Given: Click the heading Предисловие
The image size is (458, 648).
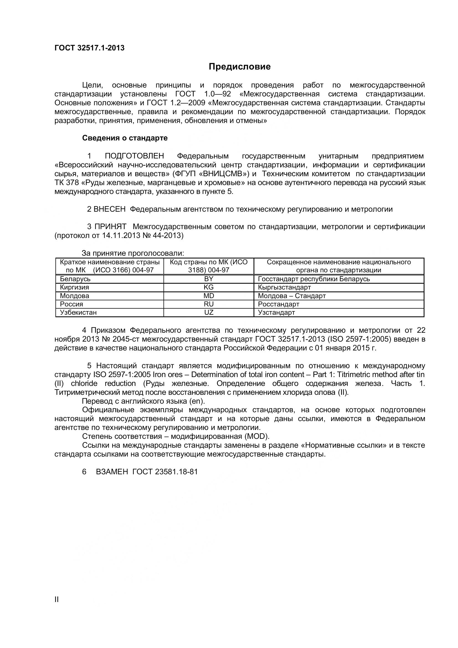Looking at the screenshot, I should pos(239,66).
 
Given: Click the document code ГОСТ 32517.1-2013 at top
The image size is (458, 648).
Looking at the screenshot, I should pos(89,48).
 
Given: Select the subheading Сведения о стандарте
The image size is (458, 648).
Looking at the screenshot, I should pos(125,138).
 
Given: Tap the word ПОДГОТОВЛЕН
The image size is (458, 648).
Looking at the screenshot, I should pos(134,156).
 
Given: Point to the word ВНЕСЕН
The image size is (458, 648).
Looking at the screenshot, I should pos(109,209).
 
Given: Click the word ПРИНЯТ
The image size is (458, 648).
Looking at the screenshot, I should pos(110,227).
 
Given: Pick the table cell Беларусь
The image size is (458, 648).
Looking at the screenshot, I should pos(75,279).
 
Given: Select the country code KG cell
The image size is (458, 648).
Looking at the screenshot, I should pos(209,287).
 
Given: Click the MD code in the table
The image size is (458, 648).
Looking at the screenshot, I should pos(209,296).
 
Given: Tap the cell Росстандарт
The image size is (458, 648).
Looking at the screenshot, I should pos(278,304).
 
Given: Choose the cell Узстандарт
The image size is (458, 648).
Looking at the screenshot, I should pos(276,313).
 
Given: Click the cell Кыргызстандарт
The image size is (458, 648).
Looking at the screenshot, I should pos(284,287).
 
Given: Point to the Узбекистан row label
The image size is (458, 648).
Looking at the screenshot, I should pos(78,313).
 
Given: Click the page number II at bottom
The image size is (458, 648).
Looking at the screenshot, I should pos(57,599).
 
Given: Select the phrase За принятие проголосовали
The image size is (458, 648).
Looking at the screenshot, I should pos(133,253).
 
